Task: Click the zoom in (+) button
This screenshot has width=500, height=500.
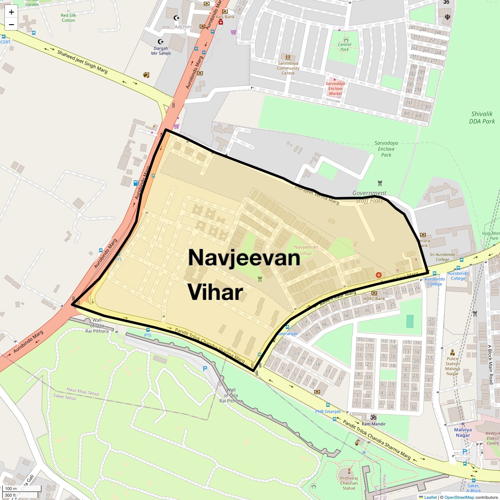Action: pos(11,12)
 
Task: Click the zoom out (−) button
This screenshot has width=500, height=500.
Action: pos(11,25)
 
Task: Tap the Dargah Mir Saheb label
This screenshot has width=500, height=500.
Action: pos(161,51)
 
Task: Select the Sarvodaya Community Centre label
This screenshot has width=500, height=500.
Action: pos(288,68)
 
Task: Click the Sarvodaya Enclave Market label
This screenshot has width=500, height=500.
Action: pos(335,88)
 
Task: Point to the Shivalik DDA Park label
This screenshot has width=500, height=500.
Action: pos(482,117)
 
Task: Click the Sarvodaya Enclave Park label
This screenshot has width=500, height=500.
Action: pos(386,149)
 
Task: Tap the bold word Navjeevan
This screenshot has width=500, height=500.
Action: pos(244,257)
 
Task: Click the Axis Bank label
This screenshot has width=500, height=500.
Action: pos(225,17)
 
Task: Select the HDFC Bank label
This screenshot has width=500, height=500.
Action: pos(374,298)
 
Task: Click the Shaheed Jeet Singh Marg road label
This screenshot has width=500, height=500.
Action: pos(82,62)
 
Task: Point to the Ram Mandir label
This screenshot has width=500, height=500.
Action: pos(373,424)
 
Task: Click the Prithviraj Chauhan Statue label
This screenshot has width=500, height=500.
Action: pos(349,483)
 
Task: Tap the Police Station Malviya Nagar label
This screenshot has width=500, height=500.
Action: pos(452,364)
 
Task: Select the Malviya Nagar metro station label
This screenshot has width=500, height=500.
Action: pos(462,432)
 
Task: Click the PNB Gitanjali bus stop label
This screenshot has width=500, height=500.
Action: pos(327,411)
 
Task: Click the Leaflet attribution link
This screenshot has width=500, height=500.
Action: pos(430,497)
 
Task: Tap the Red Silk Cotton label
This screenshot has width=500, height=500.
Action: pos(68,18)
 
